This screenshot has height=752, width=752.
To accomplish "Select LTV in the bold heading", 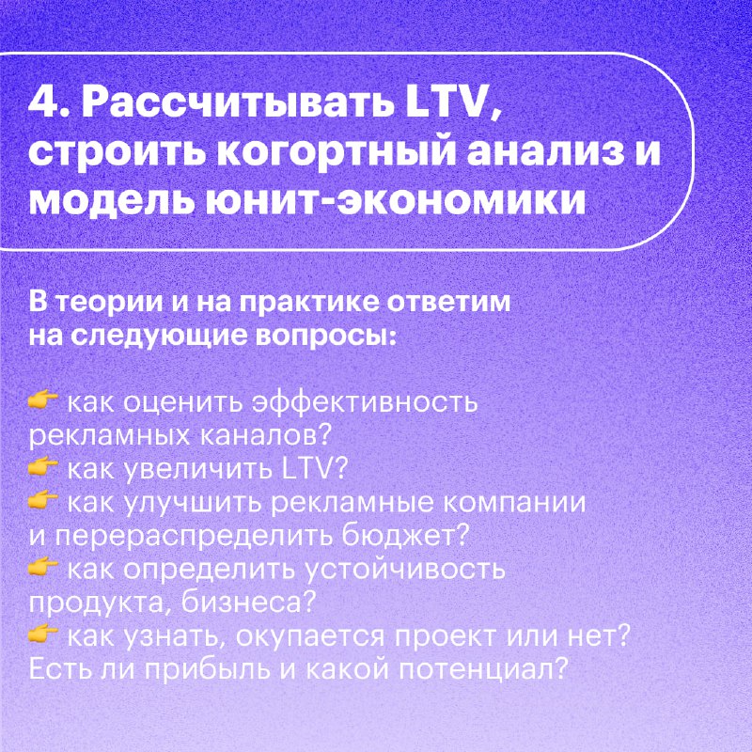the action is [x=452, y=102].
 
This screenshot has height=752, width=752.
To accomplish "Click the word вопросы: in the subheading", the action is [x=326, y=336].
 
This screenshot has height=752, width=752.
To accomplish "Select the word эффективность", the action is [x=365, y=402].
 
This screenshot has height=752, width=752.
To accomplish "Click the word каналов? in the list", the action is [x=265, y=436].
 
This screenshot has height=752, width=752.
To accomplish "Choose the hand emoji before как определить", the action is [x=42, y=568].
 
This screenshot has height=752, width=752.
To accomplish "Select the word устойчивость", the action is [x=406, y=571].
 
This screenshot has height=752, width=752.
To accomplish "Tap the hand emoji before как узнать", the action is [x=42, y=634].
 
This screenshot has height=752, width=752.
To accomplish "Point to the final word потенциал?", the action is [x=483, y=669].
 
